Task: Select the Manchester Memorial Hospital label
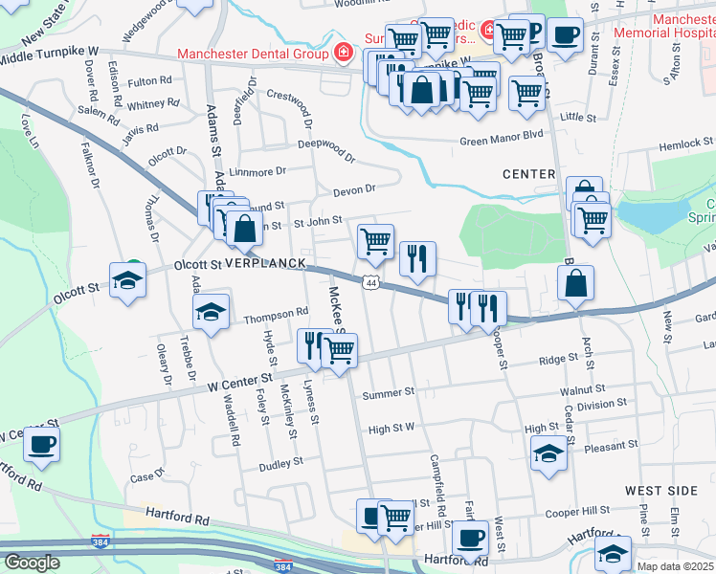(681, 26)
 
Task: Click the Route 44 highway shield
(370, 281)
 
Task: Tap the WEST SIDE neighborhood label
(661, 490)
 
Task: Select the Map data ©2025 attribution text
(676, 566)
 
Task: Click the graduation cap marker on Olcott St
(127, 279)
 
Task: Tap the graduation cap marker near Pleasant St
(548, 451)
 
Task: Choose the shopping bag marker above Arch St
(576, 282)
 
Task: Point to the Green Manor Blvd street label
(502, 142)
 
